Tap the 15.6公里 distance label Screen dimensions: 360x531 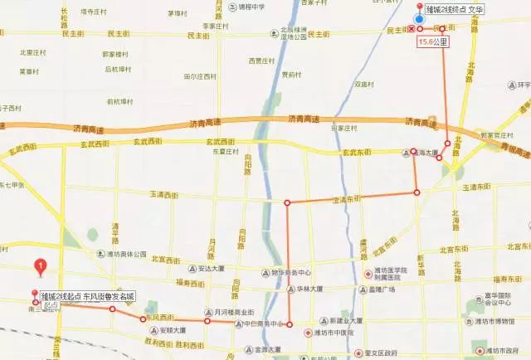[434, 41]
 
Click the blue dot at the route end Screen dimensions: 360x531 [419, 19]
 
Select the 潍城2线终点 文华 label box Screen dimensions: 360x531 [453, 9]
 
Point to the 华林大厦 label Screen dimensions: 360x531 [310, 290]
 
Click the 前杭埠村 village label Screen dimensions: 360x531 [122, 103]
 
